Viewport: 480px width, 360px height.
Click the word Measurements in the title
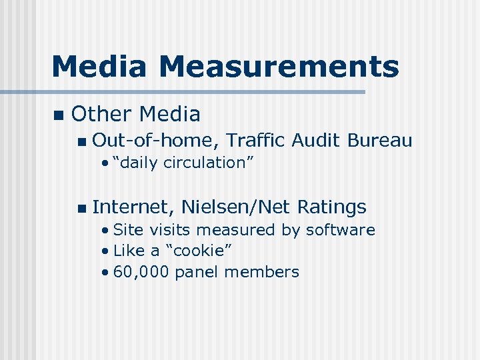point(279,67)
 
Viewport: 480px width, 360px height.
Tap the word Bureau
point(380,140)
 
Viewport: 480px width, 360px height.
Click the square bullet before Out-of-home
point(81,141)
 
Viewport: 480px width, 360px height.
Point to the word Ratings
point(332,207)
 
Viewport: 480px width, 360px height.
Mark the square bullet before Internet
point(81,209)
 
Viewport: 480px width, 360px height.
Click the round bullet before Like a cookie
point(106,251)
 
